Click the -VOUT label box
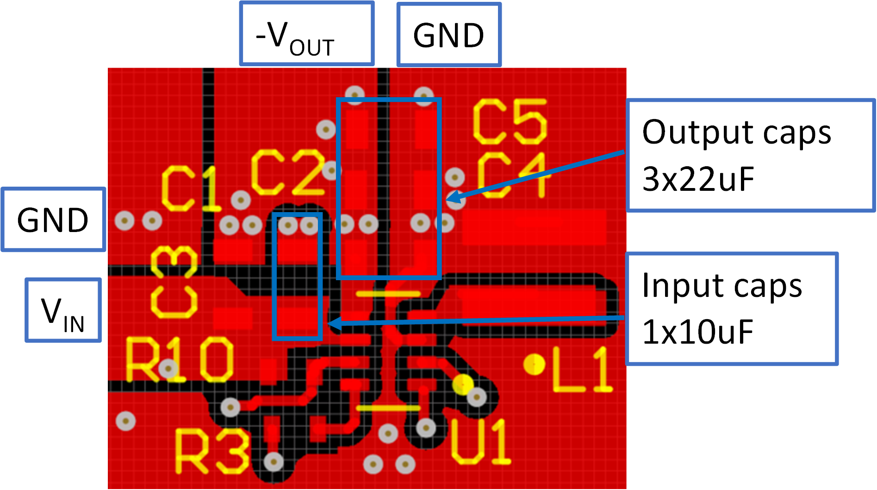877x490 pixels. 306,34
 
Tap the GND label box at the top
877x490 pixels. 448,35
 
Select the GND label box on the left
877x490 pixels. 53,220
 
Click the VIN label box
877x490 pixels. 63,310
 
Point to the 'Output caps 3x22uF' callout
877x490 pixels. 750,155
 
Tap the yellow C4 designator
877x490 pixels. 511,176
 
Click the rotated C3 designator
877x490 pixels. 174,283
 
